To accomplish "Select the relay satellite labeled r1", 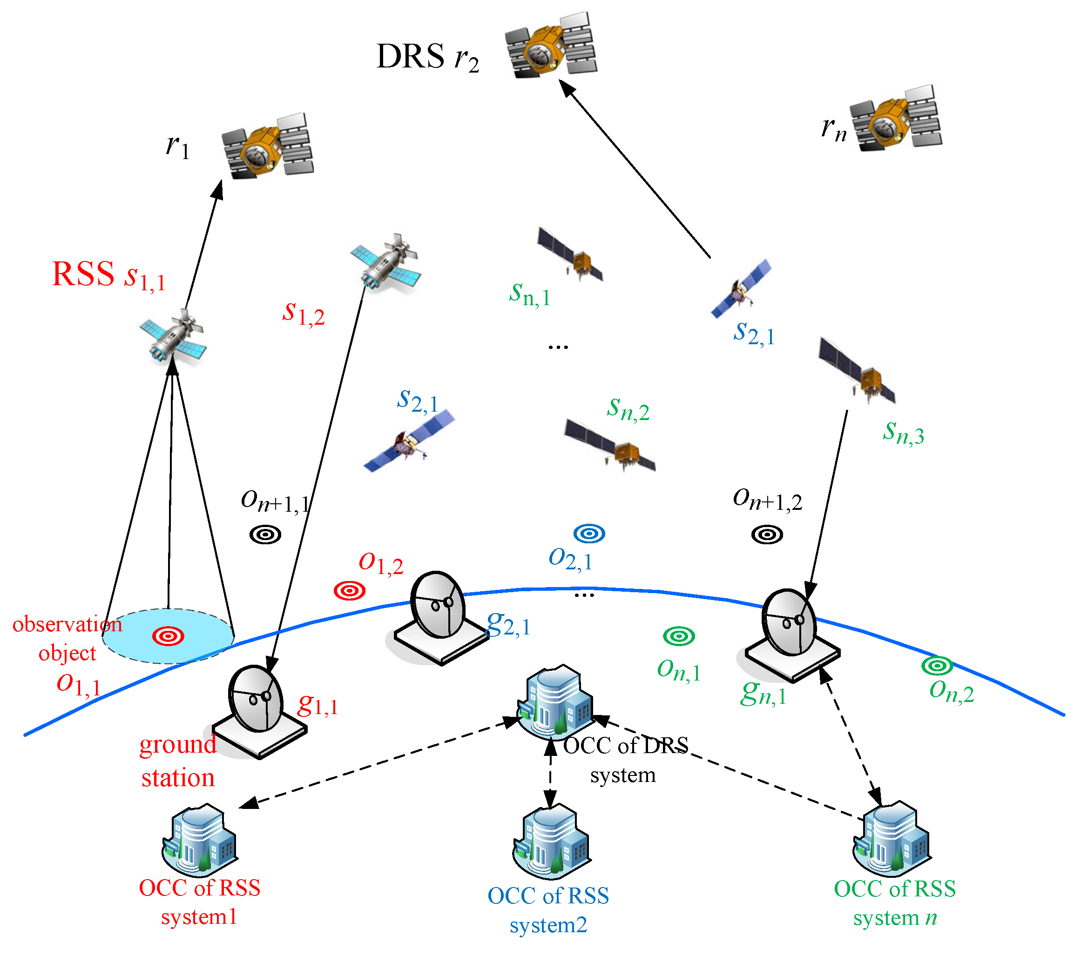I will tap(267, 147).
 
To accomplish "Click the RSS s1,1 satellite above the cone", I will tap(173, 338).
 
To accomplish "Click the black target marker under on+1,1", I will tap(265, 535).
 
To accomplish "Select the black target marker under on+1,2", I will tap(766, 535).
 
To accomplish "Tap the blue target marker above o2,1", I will tap(589, 533).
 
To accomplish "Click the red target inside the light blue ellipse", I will tap(168, 636).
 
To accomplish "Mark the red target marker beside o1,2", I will tap(350, 590).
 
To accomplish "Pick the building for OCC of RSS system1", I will tap(199, 840).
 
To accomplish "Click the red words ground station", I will tap(178, 761).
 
